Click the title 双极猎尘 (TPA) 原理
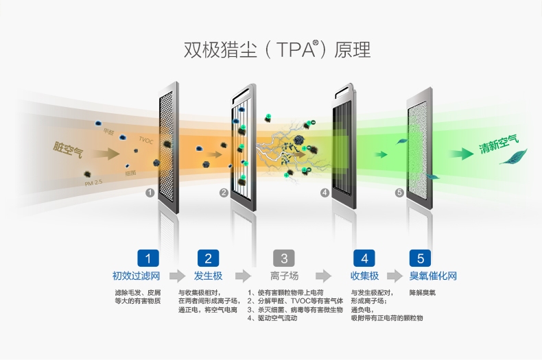pyautogui.click(x=277, y=49)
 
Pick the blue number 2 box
pyautogui.click(x=208, y=259)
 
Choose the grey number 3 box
pyautogui.click(x=284, y=259)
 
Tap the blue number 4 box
pyautogui.click(x=364, y=259)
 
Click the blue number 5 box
pyautogui.click(x=421, y=259)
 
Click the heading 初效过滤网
pyautogui.click(x=136, y=276)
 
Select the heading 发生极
pyautogui.click(x=208, y=276)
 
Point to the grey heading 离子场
pyautogui.click(x=284, y=276)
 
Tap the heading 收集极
pyautogui.click(x=364, y=276)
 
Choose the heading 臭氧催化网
pyautogui.click(x=433, y=276)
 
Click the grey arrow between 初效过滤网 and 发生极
pyautogui.click(x=177, y=276)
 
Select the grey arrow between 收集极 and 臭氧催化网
pyautogui.click(x=394, y=276)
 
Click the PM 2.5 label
pyautogui.click(x=93, y=183)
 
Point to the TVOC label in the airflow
pyautogui.click(x=145, y=139)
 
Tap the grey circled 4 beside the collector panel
pyautogui.click(x=325, y=193)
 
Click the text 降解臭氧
pyautogui.click(x=423, y=293)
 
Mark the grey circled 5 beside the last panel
pyautogui.click(x=399, y=193)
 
